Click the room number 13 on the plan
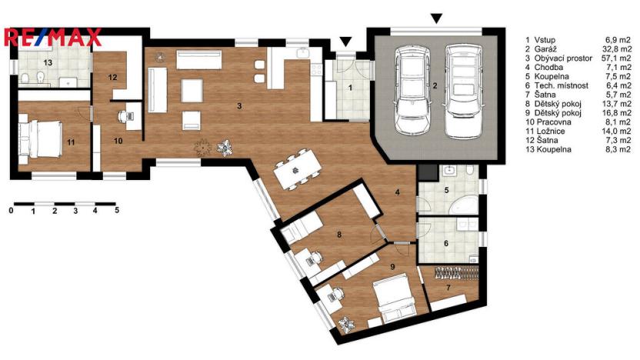(x=47, y=62)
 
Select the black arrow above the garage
(x=437, y=18)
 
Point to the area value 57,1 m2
(x=618, y=58)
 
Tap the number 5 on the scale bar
(x=116, y=209)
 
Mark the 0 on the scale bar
(x=12, y=209)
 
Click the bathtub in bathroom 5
(x=463, y=204)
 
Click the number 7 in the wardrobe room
(x=448, y=288)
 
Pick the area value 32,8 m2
(x=618, y=48)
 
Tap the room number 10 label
(x=118, y=141)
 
